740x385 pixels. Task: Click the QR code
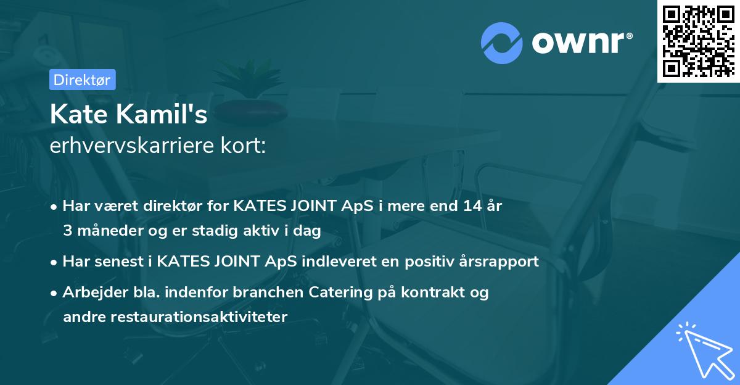pyautogui.click(x=698, y=41)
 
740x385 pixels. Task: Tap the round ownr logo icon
pyautogui.click(x=502, y=43)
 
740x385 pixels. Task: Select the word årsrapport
pyautogui.click(x=498, y=262)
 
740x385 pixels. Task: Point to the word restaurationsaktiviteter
pyautogui.click(x=175, y=317)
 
